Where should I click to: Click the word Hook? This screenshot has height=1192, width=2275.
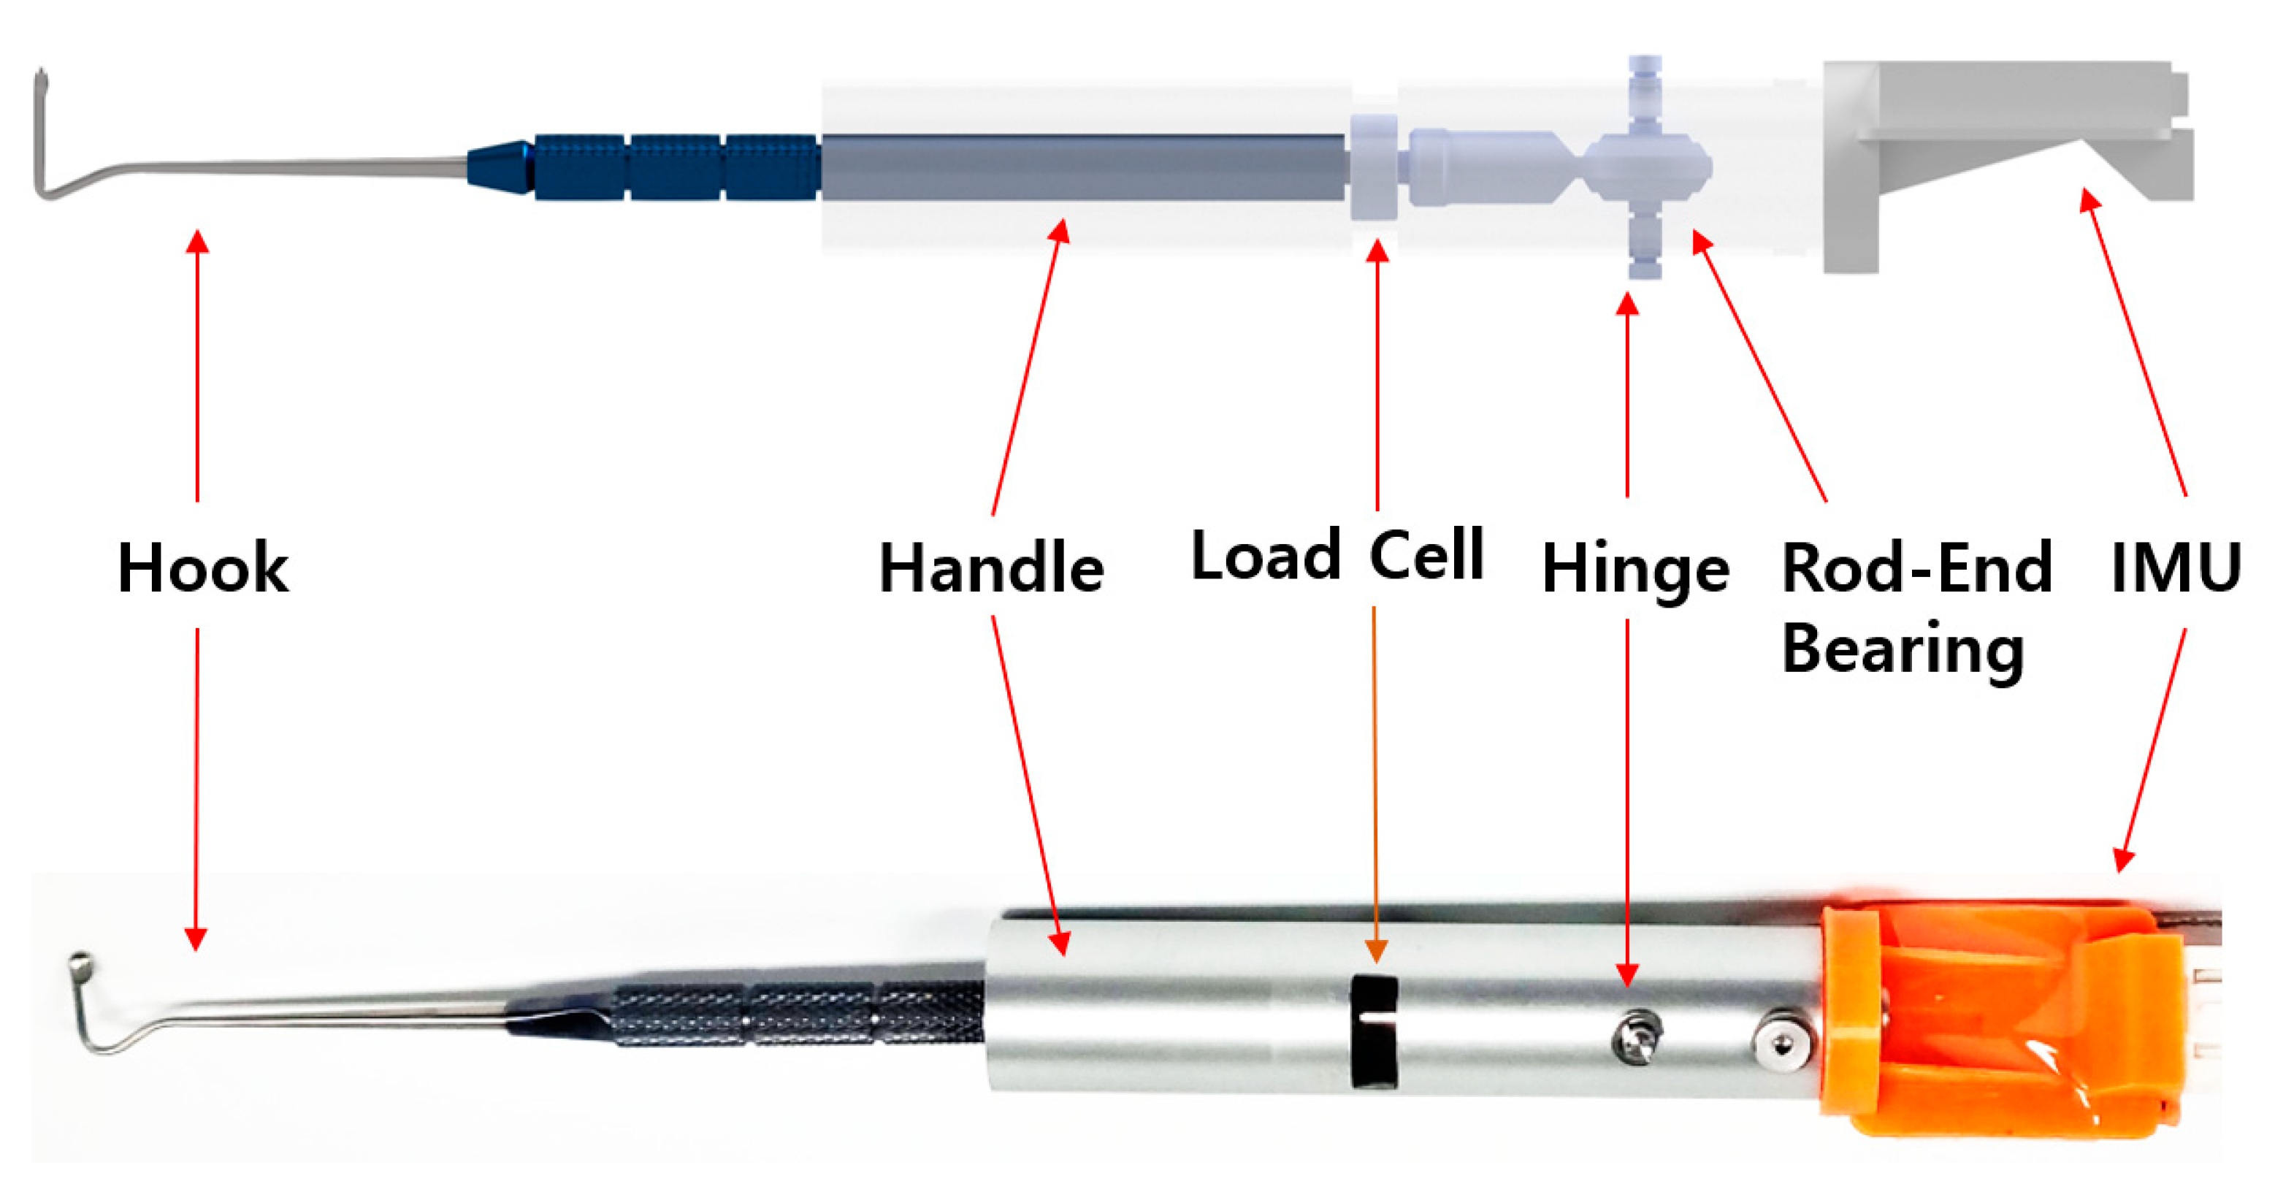(202, 568)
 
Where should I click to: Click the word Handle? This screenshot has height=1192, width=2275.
(991, 568)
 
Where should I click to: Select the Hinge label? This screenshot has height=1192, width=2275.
(1634, 570)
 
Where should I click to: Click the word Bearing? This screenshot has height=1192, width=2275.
(1903, 650)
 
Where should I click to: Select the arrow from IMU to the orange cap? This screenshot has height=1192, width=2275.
(2153, 751)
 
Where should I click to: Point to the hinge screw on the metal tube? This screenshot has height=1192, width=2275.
(1636, 1036)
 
